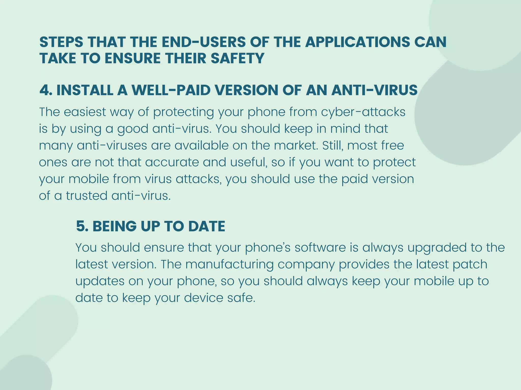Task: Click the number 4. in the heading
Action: click(x=46, y=90)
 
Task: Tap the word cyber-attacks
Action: click(x=363, y=112)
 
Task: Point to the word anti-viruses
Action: click(x=112, y=146)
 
